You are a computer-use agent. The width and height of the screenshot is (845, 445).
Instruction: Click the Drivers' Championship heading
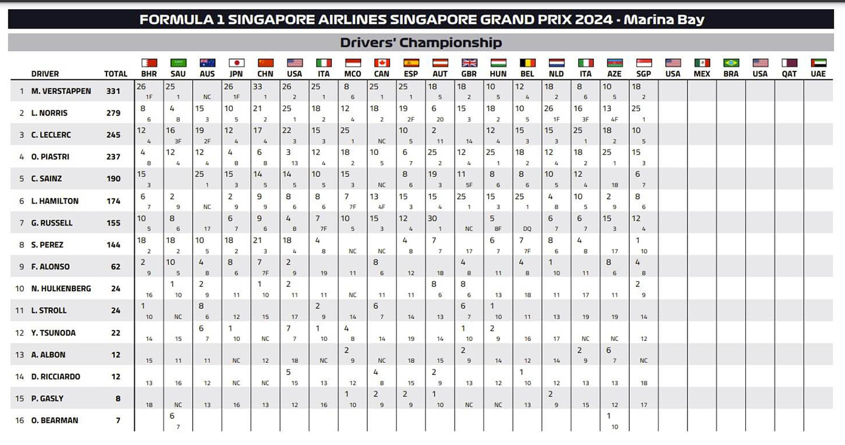tap(421, 43)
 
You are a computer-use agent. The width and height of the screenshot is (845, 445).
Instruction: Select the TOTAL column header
tap(116, 74)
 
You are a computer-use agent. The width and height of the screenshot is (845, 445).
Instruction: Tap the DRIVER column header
tap(45, 74)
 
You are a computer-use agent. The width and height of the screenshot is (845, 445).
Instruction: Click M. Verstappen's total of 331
tap(114, 91)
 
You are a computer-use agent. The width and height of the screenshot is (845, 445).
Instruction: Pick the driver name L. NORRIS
tap(49, 113)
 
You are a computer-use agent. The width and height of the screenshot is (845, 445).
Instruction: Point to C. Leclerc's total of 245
tap(114, 135)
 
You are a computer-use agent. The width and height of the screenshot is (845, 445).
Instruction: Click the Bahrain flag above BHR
tap(150, 63)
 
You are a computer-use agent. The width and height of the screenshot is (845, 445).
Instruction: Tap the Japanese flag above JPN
tap(236, 63)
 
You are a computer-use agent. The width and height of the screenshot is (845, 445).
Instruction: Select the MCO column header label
tap(353, 74)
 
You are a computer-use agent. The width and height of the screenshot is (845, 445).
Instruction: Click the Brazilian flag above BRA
tap(731, 63)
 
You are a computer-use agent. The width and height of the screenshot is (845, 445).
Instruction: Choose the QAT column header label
tap(789, 74)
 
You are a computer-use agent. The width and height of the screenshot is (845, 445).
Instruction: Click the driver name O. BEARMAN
tap(55, 420)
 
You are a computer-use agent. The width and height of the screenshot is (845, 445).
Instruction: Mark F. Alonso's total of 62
tap(116, 266)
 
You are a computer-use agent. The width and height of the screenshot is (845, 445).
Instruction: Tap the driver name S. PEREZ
tap(47, 244)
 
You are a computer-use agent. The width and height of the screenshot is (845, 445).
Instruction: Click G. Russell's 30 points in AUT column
tap(433, 219)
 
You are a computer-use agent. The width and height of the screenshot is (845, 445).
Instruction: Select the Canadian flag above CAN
tap(382, 63)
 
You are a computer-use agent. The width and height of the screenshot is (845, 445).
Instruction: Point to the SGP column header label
tap(644, 74)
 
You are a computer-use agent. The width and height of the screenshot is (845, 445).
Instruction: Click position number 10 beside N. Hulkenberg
tap(20, 289)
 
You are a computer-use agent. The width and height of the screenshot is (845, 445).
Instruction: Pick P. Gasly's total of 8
tap(118, 398)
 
